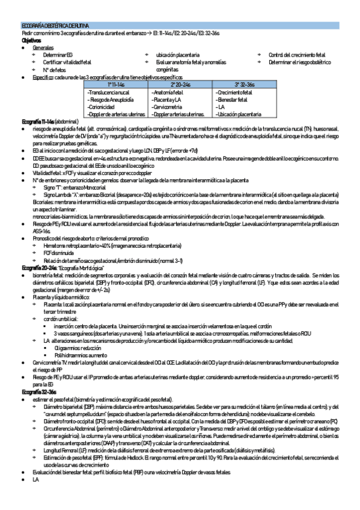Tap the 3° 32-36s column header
click(246, 85)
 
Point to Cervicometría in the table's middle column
click(169, 106)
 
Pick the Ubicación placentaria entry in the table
click(240, 114)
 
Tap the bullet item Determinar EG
click(57, 55)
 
